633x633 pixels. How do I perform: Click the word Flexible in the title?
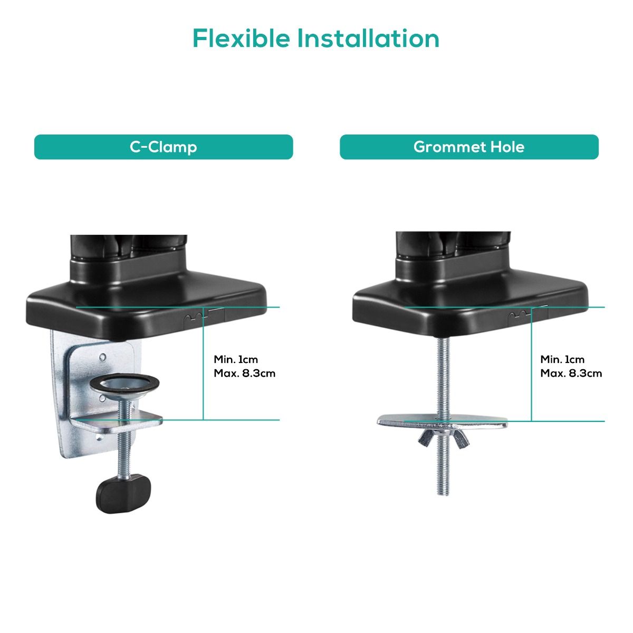pyautogui.click(x=241, y=39)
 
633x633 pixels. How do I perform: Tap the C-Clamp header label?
pyautogui.click(x=164, y=147)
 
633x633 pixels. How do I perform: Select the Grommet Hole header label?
pyautogui.click(x=469, y=147)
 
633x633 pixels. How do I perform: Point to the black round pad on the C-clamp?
pyautogui.click(x=124, y=383)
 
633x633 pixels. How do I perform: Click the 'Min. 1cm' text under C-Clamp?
pyautogui.click(x=236, y=360)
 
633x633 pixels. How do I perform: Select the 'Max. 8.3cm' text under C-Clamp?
pyautogui.click(x=244, y=373)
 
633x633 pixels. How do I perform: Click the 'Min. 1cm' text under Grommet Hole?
pyautogui.click(x=562, y=360)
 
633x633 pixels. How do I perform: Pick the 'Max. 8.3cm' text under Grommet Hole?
pyautogui.click(x=571, y=373)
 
